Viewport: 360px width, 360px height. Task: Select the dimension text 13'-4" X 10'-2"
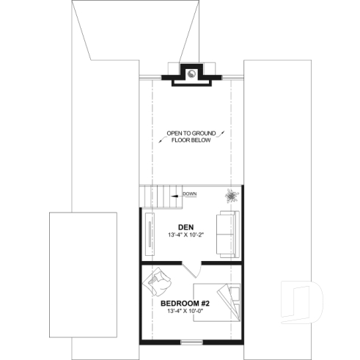click(x=185, y=235)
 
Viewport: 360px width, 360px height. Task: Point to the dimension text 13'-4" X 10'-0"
click(x=185, y=311)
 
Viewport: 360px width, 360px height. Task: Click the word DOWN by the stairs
click(x=190, y=194)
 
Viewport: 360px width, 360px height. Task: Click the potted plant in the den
click(x=232, y=195)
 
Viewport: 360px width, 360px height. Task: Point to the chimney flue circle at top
click(x=191, y=73)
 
